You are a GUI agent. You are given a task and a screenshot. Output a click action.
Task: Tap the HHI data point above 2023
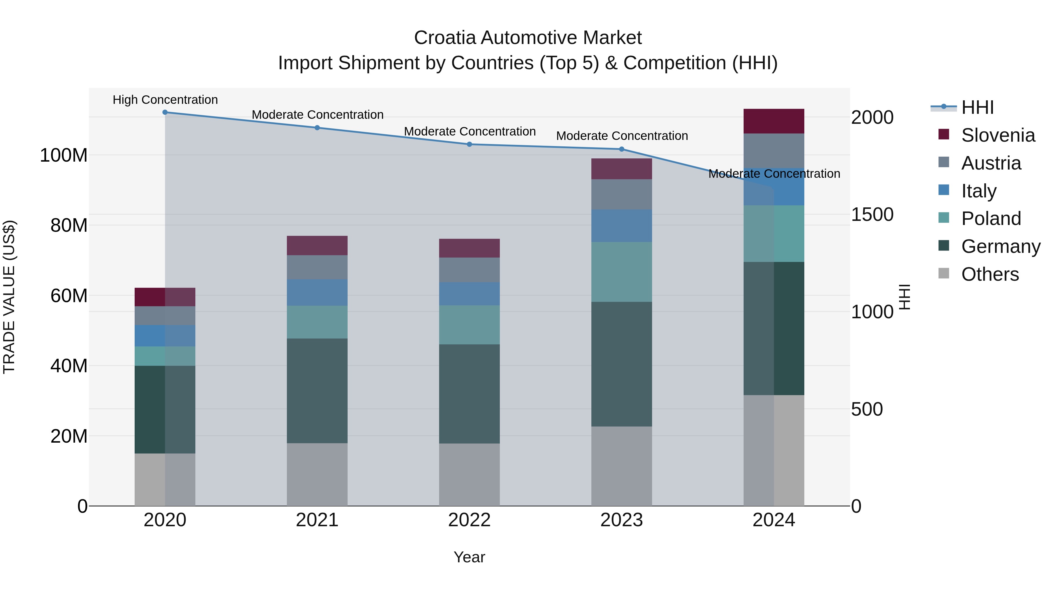coord(622,149)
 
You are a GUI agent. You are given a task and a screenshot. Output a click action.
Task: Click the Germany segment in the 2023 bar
coord(622,364)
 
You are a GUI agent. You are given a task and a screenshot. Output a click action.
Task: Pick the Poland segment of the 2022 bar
coord(469,325)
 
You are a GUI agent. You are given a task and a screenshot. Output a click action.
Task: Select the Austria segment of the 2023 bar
coord(622,194)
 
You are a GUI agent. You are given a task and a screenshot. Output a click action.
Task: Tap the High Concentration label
coord(165,100)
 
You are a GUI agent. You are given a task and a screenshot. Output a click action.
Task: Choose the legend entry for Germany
coord(1001,246)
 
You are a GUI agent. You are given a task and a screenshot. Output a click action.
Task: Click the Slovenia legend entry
coord(998,135)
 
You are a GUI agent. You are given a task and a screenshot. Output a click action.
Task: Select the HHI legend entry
coord(977,107)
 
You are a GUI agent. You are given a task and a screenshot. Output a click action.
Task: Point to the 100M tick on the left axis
coord(64,155)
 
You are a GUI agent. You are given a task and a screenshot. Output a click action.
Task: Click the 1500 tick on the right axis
coord(872,214)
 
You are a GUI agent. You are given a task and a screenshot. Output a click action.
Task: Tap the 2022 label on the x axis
coord(469,520)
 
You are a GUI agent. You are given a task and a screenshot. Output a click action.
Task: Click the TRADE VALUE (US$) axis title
coord(9,297)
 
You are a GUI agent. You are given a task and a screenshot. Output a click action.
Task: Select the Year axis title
coord(469,557)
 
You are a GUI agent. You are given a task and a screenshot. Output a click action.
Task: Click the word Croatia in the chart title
coord(445,38)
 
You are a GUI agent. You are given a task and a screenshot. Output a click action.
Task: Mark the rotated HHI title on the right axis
coord(904,297)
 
